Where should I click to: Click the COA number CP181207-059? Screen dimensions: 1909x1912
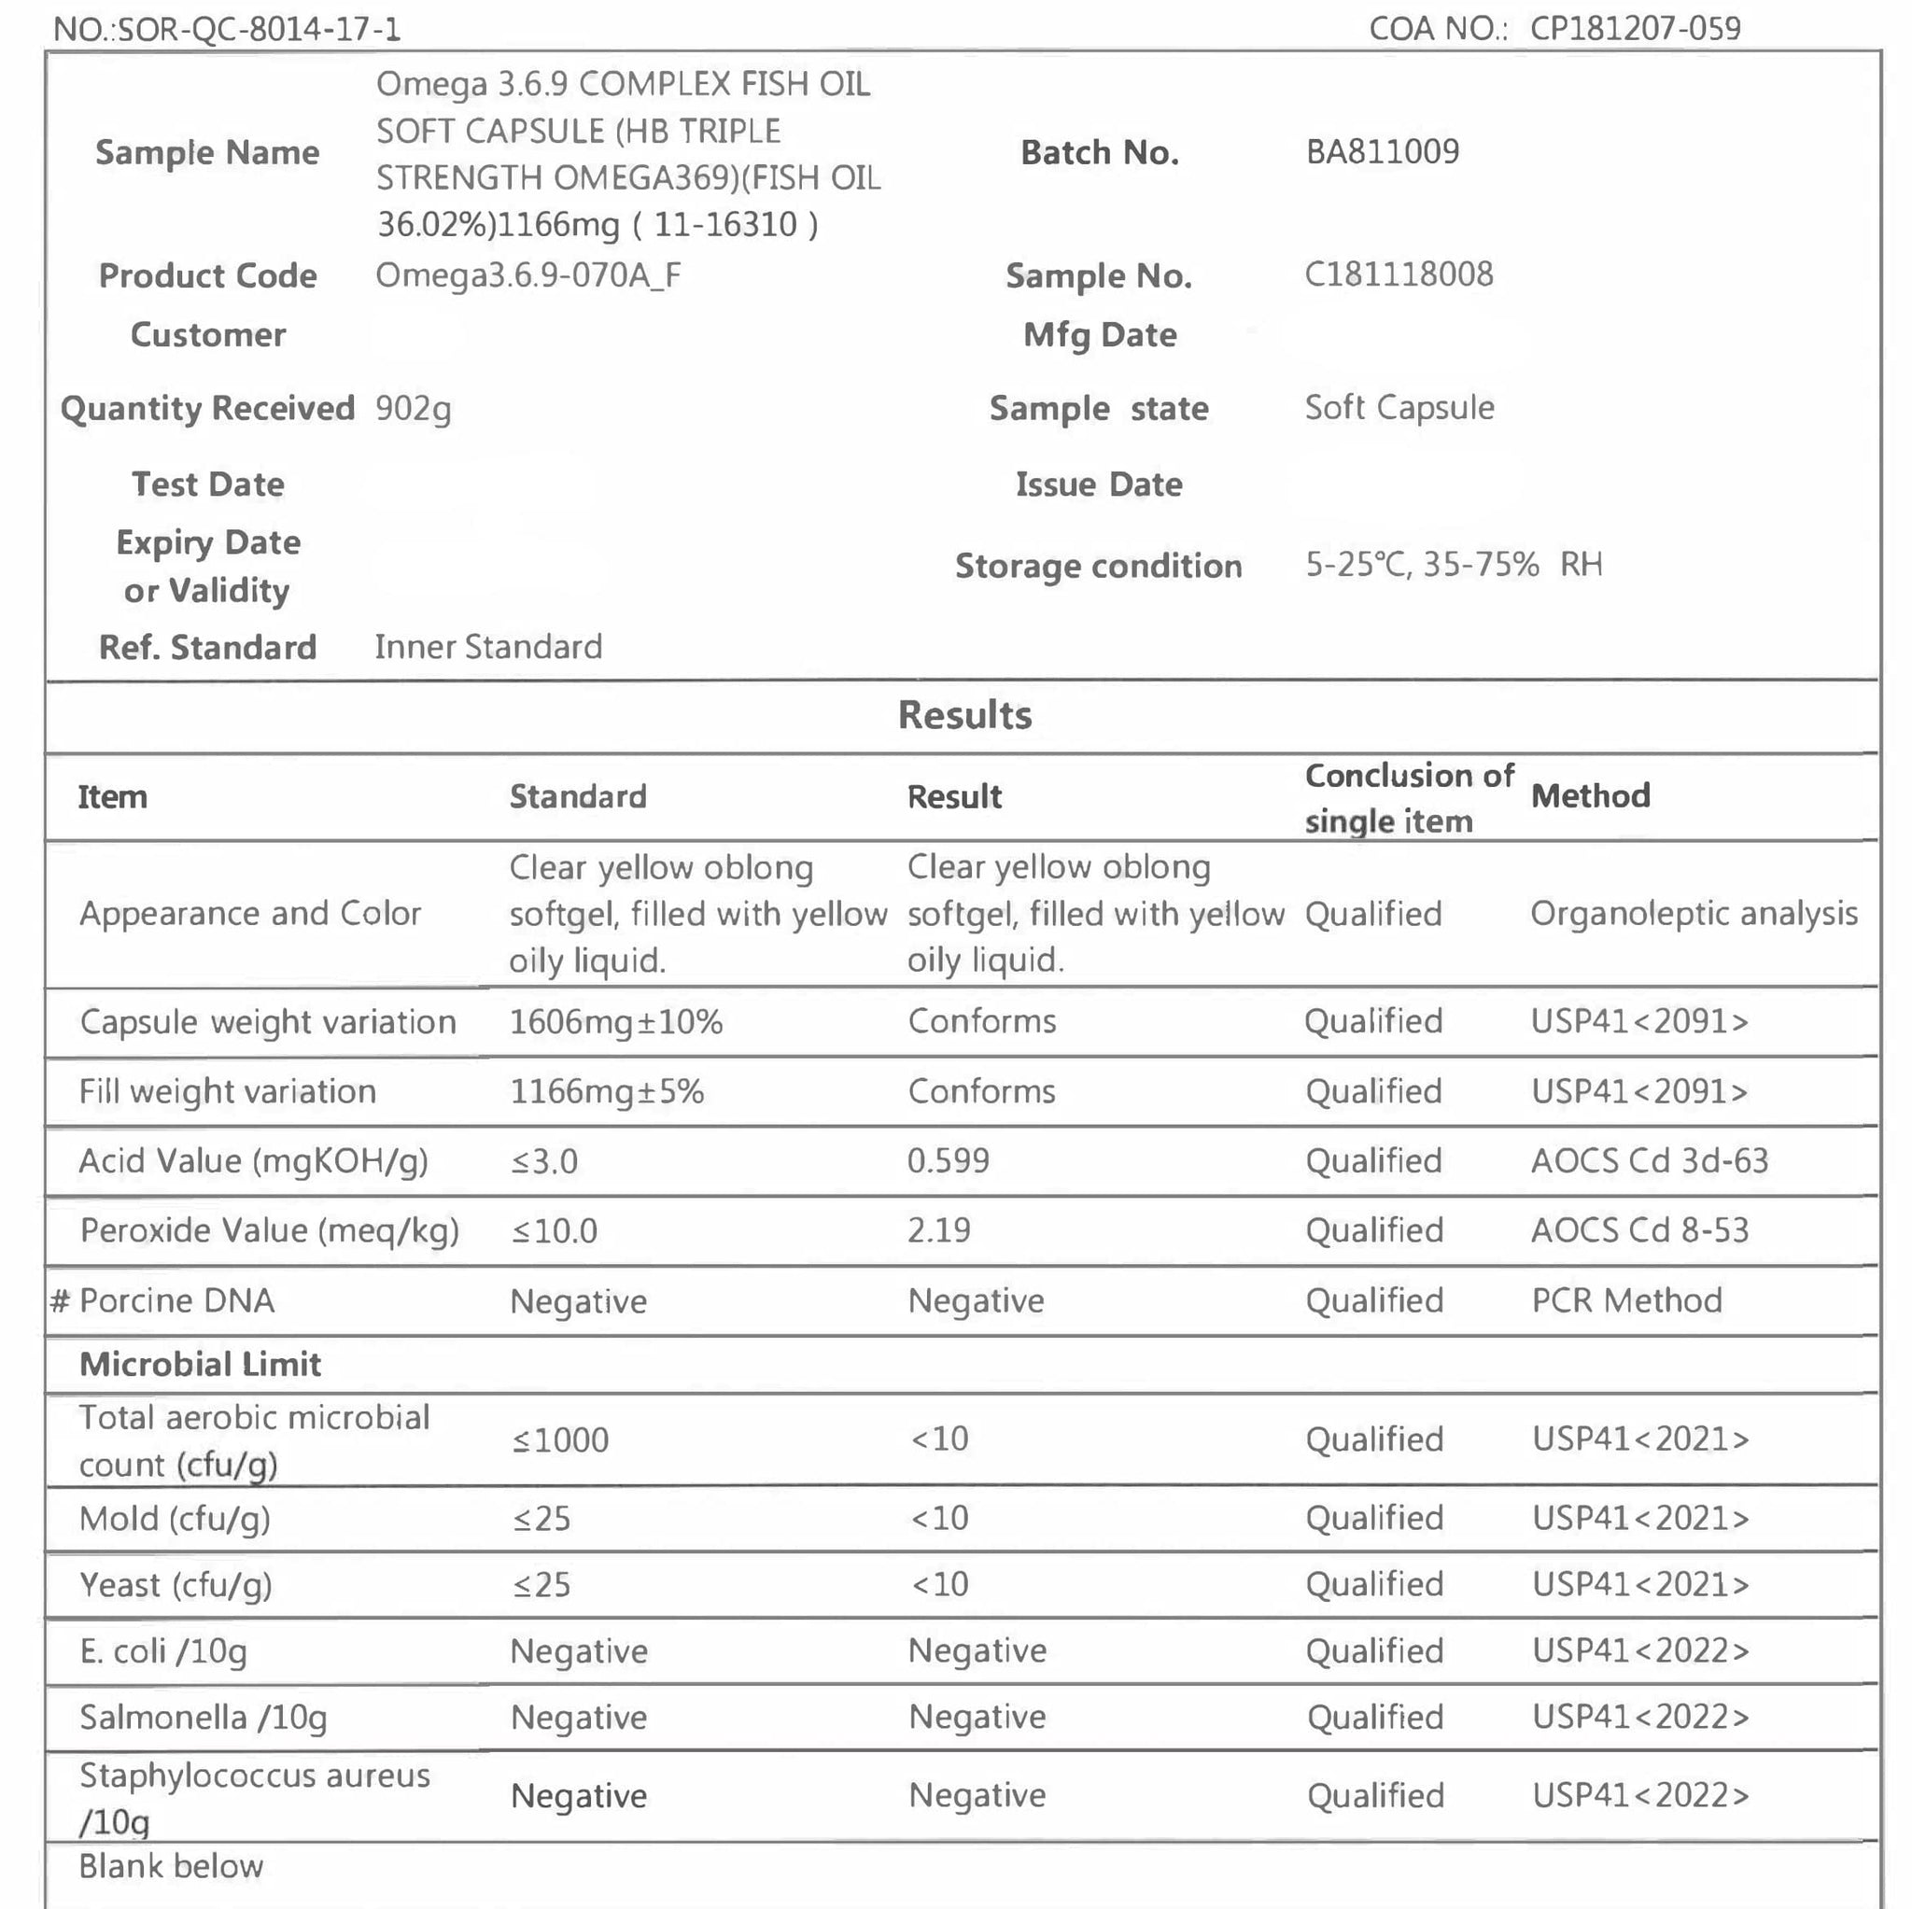pos(1635,28)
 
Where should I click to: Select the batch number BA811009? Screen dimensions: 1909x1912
pos(1383,151)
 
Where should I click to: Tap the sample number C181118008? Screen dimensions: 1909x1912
pos(1399,274)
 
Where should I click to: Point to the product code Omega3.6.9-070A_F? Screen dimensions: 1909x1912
pos(528,274)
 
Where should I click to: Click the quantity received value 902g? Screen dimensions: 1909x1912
pos(413,408)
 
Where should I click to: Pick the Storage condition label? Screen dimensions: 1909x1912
pos(1099,565)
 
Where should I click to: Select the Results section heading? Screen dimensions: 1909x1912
pos(965,714)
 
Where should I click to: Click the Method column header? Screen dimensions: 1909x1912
pos(1590,795)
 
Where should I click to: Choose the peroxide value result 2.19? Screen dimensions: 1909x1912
pos(939,1230)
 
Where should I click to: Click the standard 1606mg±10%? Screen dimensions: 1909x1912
pos(615,1021)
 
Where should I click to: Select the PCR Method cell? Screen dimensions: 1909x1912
pos(1627,1299)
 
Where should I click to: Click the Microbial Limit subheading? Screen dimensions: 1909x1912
pos(200,1364)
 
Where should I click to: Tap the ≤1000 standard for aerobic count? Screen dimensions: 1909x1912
pos(560,1439)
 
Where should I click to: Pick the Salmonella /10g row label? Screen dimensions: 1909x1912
pos(203,1717)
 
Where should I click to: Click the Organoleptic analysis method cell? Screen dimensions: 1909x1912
pos(1694,914)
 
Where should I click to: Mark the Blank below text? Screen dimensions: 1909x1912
pos(171,1865)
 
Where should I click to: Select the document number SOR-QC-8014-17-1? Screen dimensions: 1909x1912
pos(260,29)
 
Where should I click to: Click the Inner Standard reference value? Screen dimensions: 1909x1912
pos(488,646)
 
